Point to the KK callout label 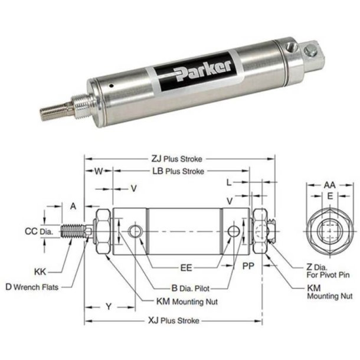coord(40,271)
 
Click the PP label coord(248,267)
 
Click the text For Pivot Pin coord(323,275)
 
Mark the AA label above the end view coord(329,185)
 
